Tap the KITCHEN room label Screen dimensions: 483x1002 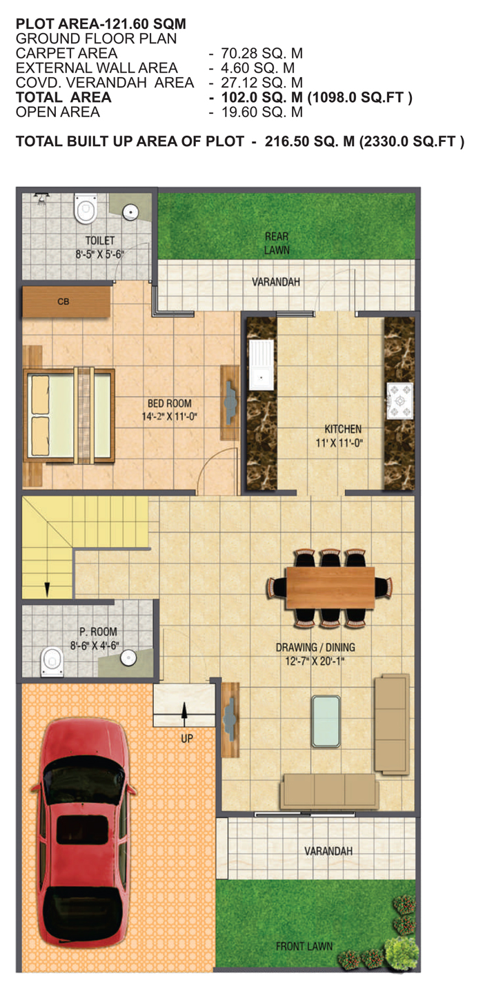(343, 429)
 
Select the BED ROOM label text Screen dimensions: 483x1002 (169, 403)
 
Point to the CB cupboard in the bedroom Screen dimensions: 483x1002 (66, 301)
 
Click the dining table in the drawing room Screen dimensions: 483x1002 (331, 587)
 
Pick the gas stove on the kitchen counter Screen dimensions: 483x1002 (400, 400)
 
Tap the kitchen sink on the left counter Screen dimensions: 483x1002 (261, 365)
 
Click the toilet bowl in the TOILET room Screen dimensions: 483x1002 (85, 208)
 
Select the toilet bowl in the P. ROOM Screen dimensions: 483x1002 (52, 662)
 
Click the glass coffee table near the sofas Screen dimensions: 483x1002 (326, 721)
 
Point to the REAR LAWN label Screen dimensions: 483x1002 (277, 243)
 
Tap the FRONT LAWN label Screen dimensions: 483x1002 (304, 946)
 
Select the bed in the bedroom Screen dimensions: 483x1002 (69, 416)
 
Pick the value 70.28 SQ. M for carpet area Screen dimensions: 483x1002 (262, 53)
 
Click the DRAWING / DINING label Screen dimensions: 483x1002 (315, 647)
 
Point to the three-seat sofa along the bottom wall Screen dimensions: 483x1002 (329, 791)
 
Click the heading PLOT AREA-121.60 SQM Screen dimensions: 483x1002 (101, 23)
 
